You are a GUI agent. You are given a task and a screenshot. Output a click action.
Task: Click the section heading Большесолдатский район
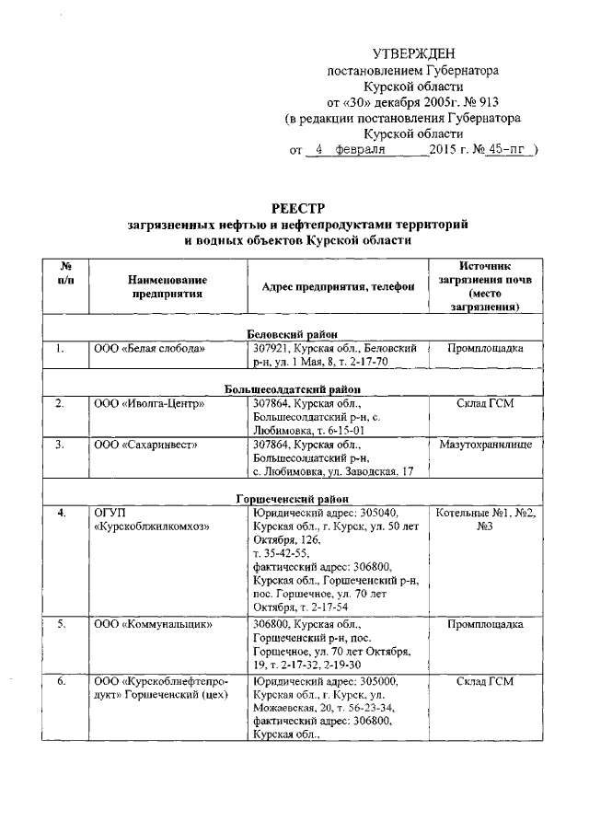point(296,389)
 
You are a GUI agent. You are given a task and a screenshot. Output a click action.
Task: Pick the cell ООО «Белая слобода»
point(149,350)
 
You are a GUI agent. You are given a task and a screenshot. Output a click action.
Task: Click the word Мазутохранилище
point(485,445)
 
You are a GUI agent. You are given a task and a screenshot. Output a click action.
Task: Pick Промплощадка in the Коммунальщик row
point(485,624)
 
